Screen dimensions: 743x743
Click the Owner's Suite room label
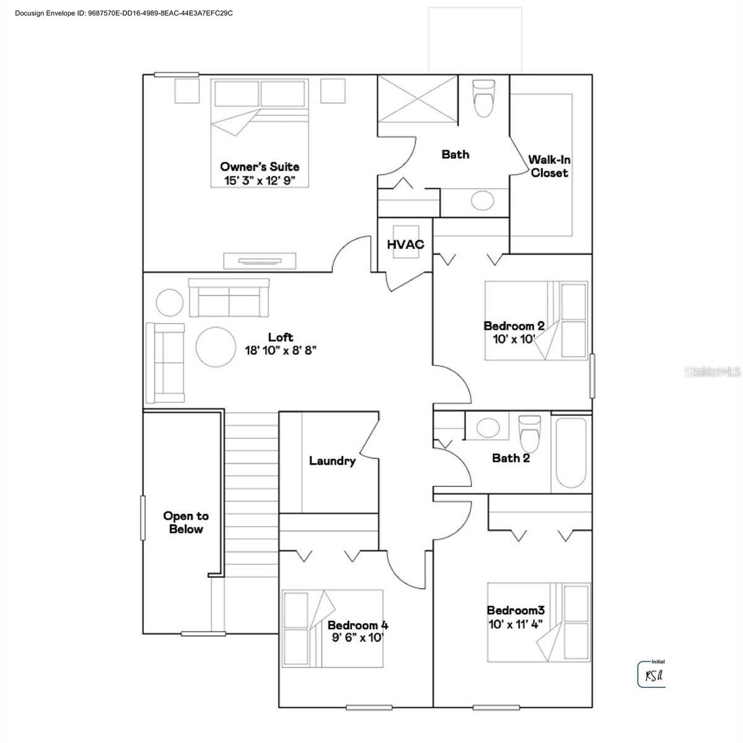pos(259,167)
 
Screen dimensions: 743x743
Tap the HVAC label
pos(406,245)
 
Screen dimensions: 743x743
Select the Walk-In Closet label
pos(549,167)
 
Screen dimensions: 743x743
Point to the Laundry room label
pos(332,461)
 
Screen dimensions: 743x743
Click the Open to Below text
pos(186,523)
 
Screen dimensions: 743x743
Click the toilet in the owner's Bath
pos(483,97)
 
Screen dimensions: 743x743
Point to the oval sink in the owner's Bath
pos(482,199)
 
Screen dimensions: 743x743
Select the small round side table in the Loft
pos(170,303)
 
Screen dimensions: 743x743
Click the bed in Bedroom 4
pos(332,628)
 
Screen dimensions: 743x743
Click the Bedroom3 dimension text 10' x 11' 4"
pos(515,624)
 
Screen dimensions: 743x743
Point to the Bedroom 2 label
pos(514,326)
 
